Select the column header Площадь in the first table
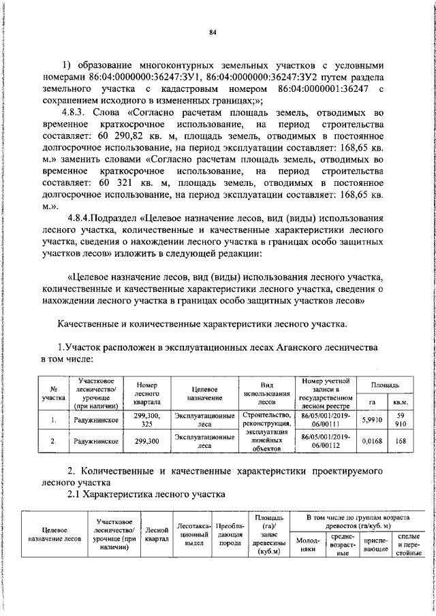385,385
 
